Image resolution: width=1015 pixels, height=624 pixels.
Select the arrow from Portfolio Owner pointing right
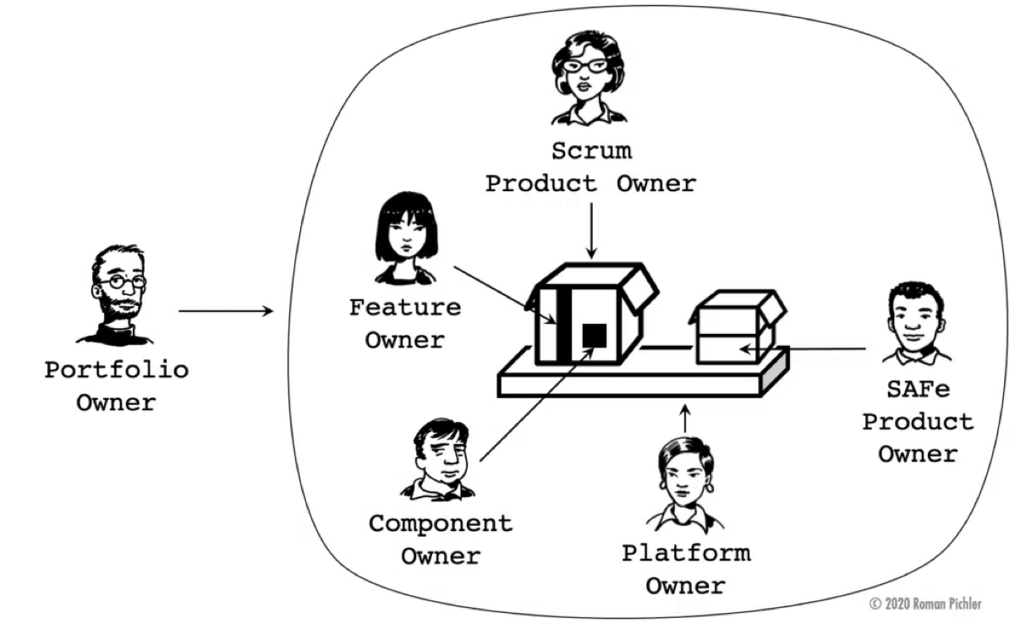coord(226,311)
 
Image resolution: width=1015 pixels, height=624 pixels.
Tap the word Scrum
coord(590,151)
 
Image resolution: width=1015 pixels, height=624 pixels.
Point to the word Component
coord(440,523)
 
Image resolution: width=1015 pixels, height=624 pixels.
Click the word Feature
coord(405,307)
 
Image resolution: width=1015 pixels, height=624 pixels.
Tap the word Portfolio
coord(117,369)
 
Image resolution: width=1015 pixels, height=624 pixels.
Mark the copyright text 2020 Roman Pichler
coord(926,604)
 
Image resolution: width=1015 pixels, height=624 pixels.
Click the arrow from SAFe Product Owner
coord(804,348)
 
